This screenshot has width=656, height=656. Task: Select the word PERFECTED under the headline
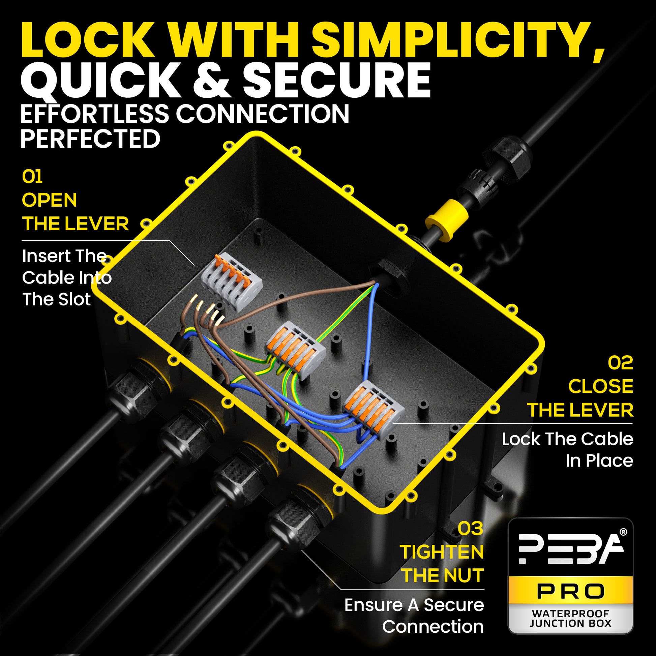click(90, 139)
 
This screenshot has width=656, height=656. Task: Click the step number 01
click(32, 177)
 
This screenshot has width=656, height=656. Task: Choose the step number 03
click(471, 528)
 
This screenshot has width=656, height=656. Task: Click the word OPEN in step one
click(50, 200)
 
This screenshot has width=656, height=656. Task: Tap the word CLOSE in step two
click(601, 386)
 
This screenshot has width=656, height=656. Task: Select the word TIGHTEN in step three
click(442, 552)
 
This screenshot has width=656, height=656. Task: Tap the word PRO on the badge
click(570, 592)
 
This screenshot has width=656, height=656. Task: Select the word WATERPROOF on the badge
click(570, 614)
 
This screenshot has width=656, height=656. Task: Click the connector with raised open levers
click(232, 278)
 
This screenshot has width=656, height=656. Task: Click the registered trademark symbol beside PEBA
click(623, 532)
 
